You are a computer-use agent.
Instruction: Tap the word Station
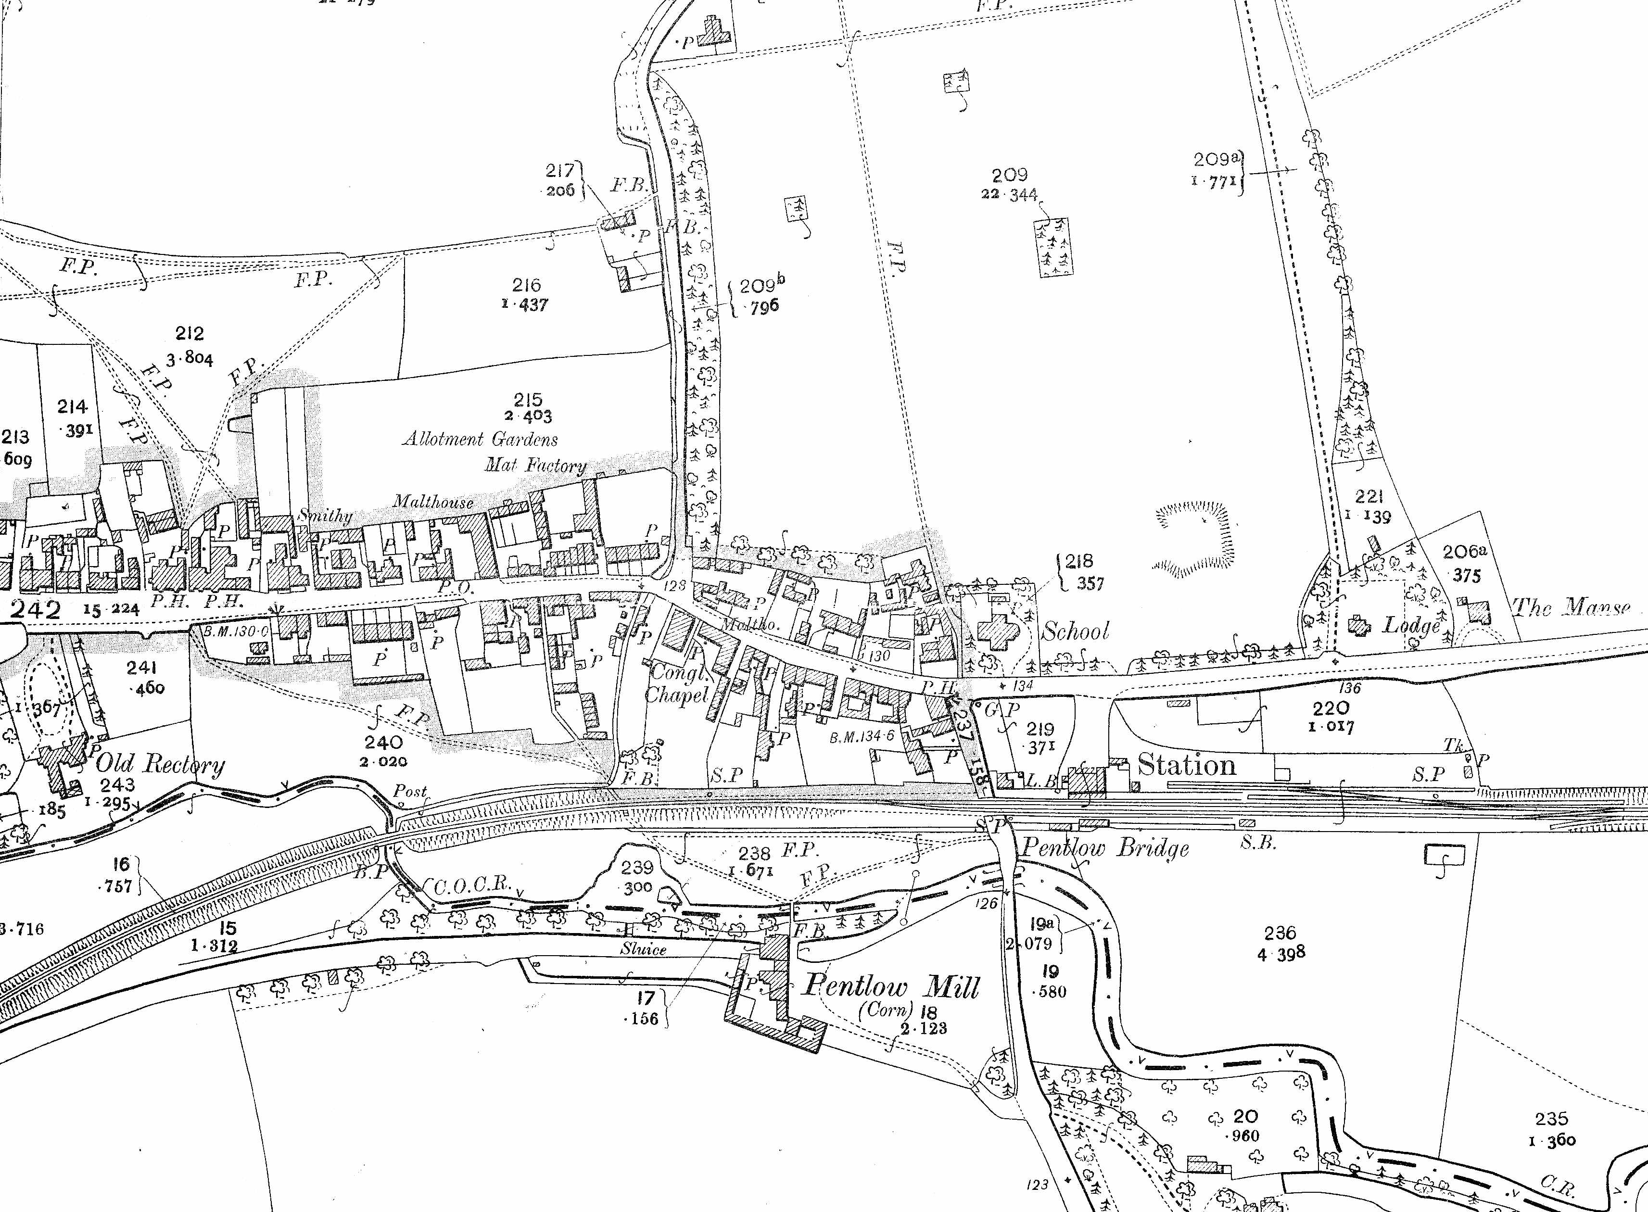pos(1187,766)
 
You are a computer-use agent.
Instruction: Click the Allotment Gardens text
pos(481,440)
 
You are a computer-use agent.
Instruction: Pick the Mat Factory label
pos(536,465)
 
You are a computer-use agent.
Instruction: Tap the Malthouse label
pos(433,502)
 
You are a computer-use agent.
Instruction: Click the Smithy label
pos(325,516)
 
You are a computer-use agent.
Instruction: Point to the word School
pos(1076,631)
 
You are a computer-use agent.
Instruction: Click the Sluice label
pos(644,948)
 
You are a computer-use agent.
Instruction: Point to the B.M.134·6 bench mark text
pos(862,736)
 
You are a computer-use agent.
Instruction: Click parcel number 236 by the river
pos(1280,933)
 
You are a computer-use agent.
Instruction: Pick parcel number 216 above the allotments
pos(527,285)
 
